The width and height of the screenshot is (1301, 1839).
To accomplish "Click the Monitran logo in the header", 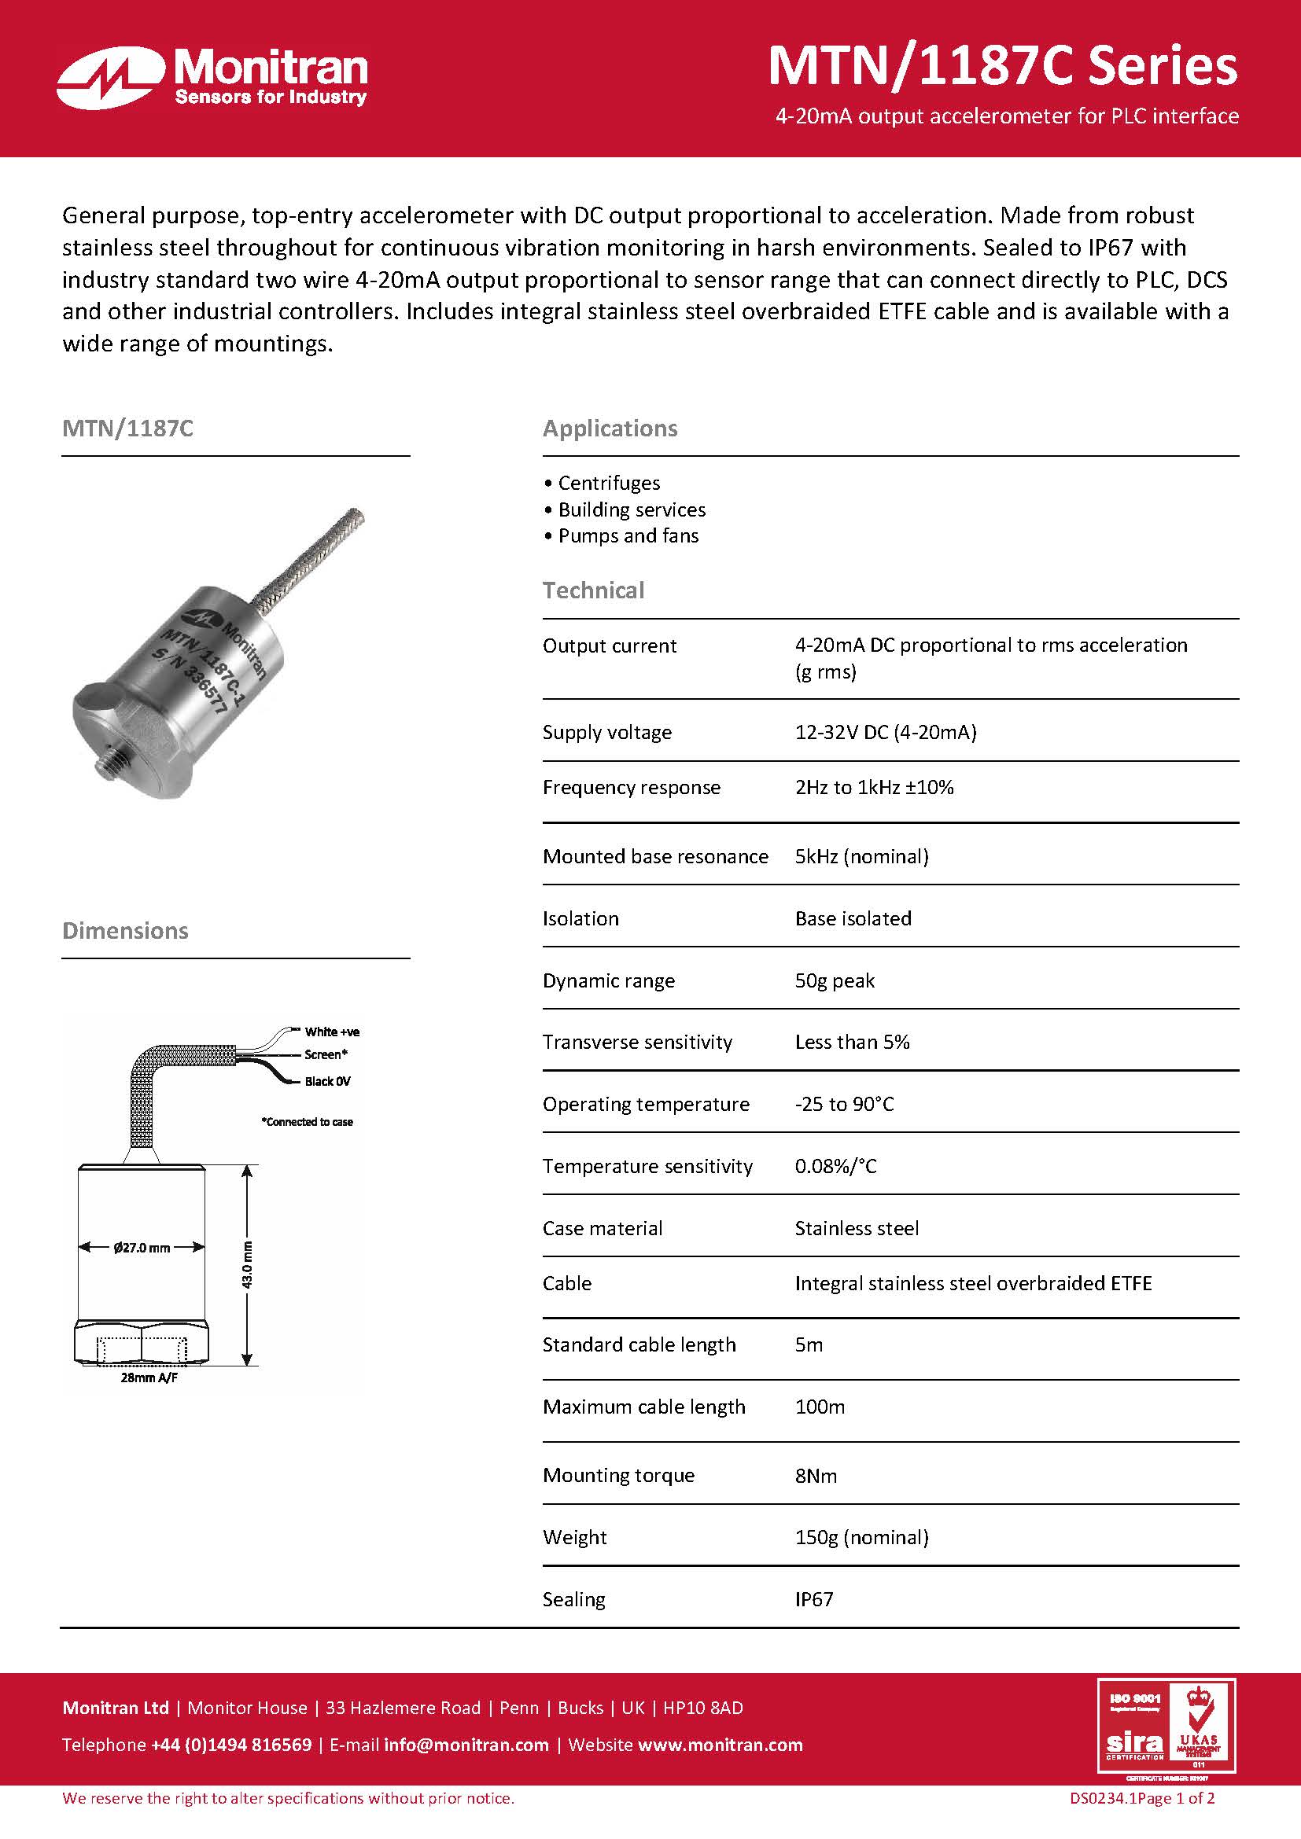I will point(212,77).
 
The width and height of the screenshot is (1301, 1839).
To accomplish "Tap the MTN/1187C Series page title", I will point(1002,66).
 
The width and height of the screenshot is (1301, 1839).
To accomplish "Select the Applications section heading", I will point(610,428).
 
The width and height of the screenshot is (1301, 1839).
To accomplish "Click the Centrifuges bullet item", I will point(609,483).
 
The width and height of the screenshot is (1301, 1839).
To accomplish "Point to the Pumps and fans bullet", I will point(628,536).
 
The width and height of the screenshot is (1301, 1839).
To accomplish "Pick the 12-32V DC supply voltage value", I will point(885,732).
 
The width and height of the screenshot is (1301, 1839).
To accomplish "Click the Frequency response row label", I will point(632,787).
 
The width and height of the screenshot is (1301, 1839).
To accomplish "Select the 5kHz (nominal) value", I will point(861,856).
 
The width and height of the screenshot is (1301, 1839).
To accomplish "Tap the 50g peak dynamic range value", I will point(834,980).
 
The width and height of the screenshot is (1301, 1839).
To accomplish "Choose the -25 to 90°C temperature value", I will point(843,1104).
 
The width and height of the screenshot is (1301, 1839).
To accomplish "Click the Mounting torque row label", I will point(618,1475).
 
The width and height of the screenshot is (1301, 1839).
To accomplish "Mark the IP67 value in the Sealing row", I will point(814,1598).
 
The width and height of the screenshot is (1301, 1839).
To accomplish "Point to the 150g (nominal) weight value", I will point(861,1537).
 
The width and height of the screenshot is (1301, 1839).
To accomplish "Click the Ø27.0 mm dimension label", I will point(142,1247).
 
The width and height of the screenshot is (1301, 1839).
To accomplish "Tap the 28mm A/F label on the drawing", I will point(149,1377).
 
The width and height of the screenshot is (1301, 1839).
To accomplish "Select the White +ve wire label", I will point(332,1032).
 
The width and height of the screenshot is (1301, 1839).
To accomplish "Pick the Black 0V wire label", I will point(327,1081).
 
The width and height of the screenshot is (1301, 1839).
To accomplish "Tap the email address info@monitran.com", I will point(466,1745).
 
